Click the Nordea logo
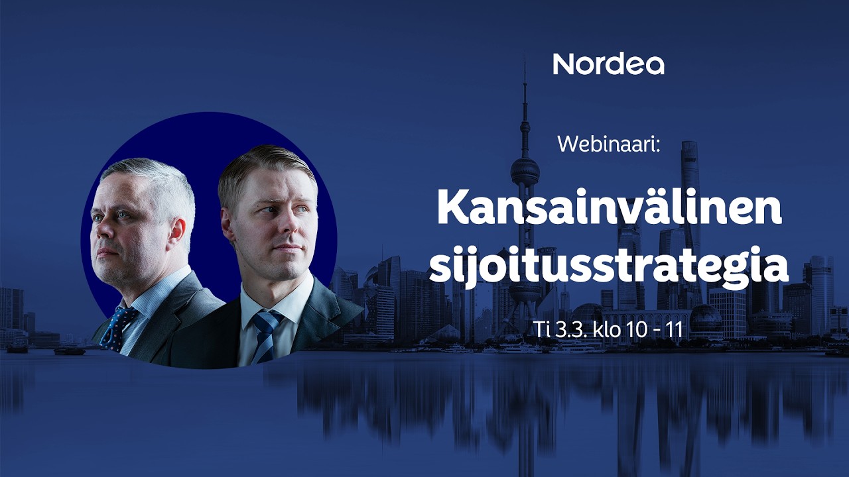(608, 64)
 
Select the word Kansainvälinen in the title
(609, 210)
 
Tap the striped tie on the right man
(265, 335)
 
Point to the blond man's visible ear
(227, 225)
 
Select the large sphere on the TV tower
(525, 171)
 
